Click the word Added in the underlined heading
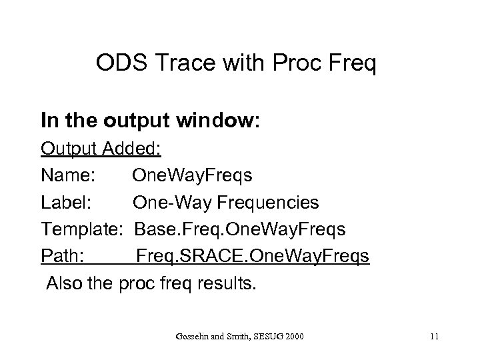tap(133, 147)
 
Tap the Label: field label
tap(67, 202)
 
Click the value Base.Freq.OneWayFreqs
tap(240, 229)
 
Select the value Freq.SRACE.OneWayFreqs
tap(253, 257)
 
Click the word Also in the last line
tap(63, 284)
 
